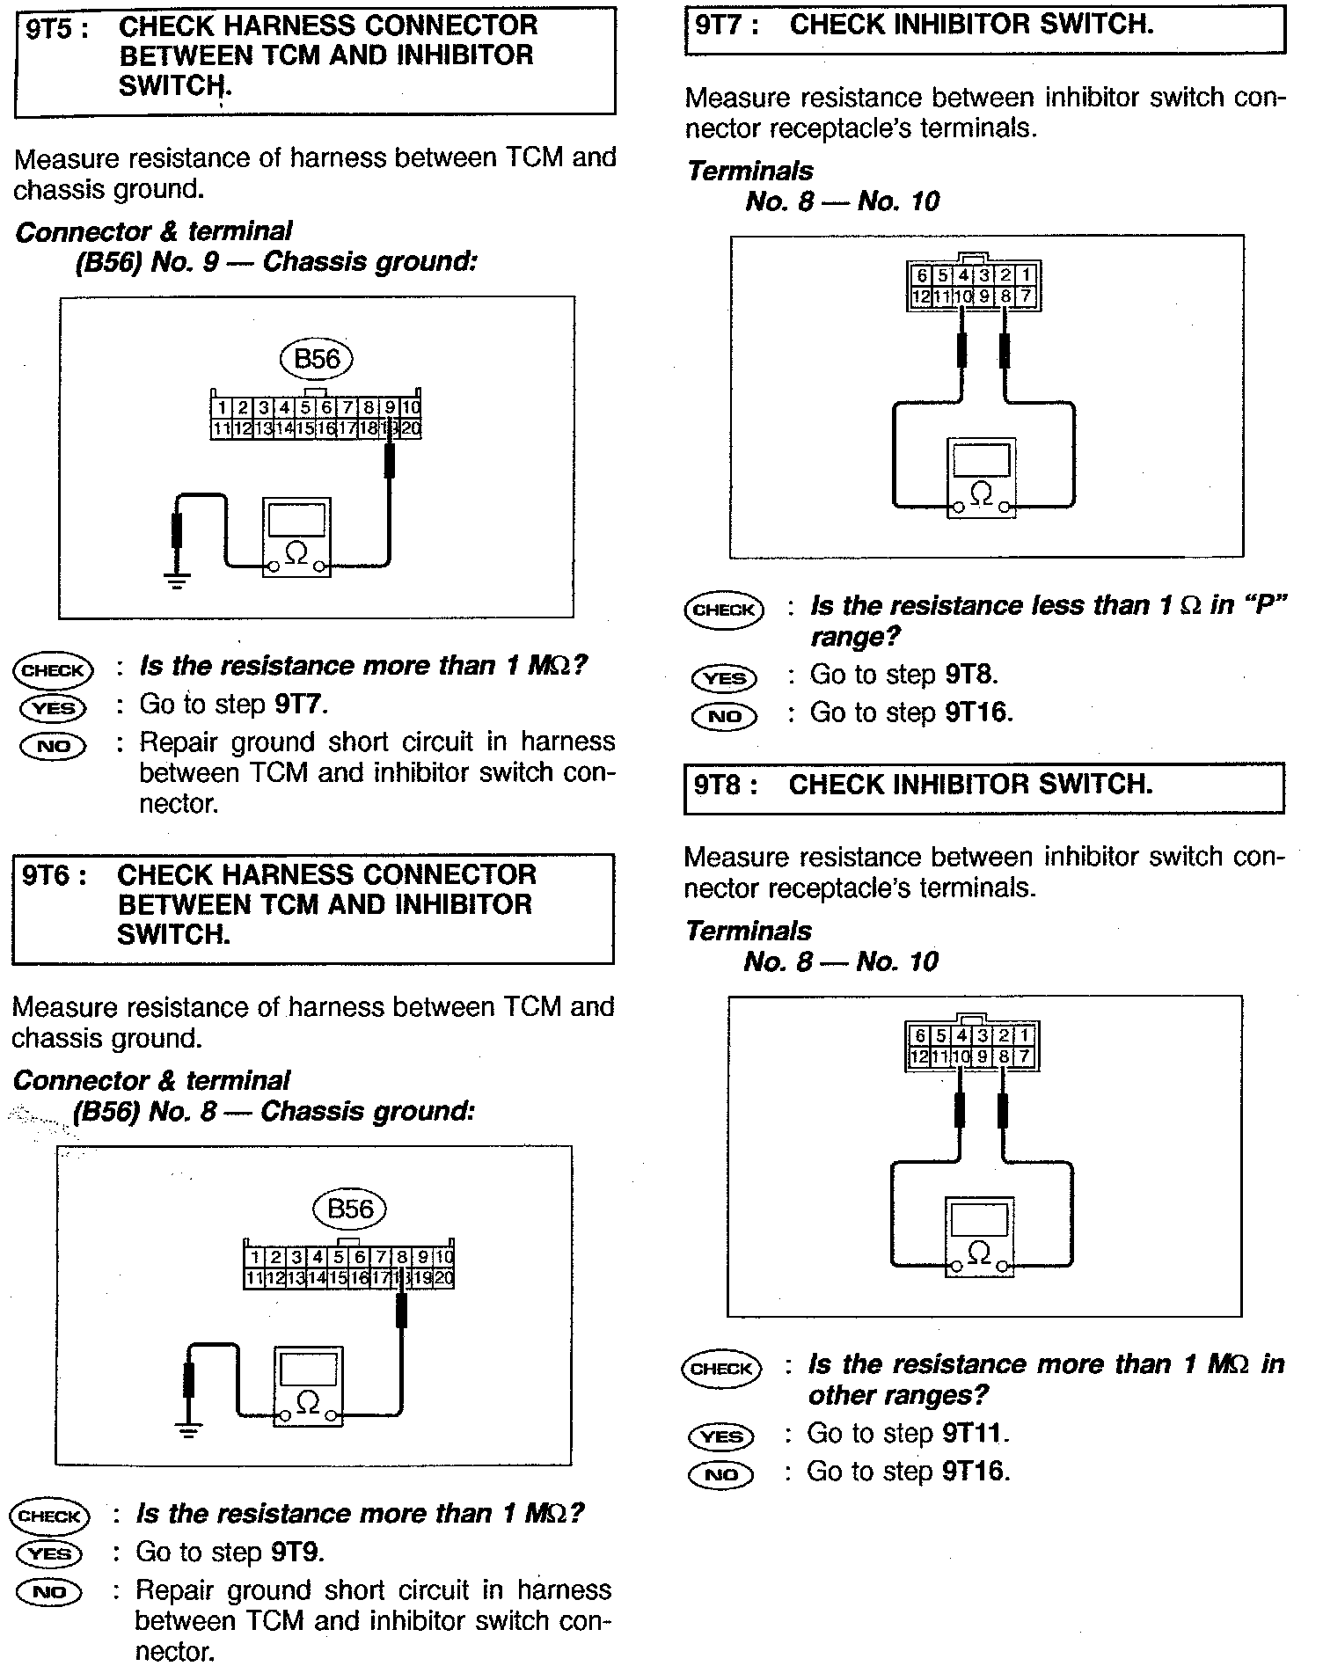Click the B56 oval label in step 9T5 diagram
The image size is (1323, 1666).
coord(316,359)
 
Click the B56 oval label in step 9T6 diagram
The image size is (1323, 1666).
coord(349,1209)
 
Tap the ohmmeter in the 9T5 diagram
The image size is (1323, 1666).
coord(297,537)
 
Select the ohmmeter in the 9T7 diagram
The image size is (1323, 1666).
coord(981,479)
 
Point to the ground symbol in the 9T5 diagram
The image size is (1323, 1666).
coord(177,580)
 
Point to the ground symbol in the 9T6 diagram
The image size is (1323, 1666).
coord(187,1429)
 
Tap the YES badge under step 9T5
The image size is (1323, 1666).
coord(53,707)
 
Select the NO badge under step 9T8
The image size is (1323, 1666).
coord(721,1474)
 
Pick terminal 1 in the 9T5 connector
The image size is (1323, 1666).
coord(221,408)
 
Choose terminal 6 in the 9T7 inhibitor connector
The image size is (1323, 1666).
coord(922,276)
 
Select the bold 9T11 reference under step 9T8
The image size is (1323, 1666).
coord(972,1435)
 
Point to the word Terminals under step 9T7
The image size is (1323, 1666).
coord(750,172)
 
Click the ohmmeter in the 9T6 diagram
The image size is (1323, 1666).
coord(308,1385)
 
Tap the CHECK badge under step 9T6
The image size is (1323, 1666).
coord(49,1516)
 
